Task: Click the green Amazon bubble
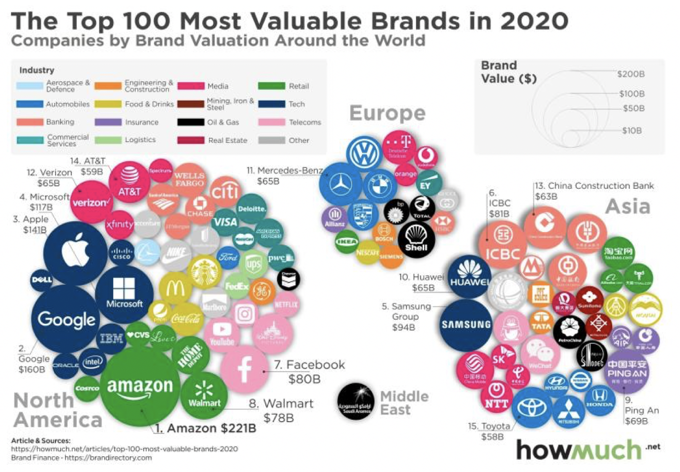pyautogui.click(x=140, y=387)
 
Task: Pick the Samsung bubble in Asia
pyautogui.click(x=465, y=325)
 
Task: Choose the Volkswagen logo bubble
pyautogui.click(x=364, y=153)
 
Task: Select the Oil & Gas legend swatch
pyautogui.click(x=191, y=122)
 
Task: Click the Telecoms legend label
pyautogui.click(x=305, y=122)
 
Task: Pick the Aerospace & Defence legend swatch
pyautogui.click(x=30, y=86)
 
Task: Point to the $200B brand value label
pyautogui.click(x=631, y=74)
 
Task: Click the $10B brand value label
pyautogui.click(x=632, y=131)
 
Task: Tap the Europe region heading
pyautogui.click(x=387, y=113)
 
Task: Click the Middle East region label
pyautogui.click(x=404, y=403)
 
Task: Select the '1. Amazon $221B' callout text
pyautogui.click(x=206, y=428)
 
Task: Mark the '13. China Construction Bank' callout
pyautogui.click(x=594, y=186)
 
